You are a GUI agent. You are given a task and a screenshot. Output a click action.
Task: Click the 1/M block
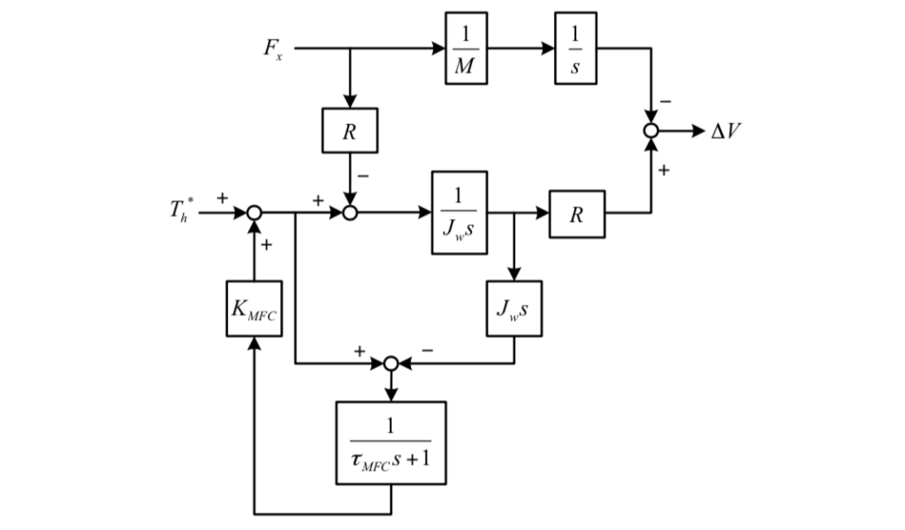(466, 49)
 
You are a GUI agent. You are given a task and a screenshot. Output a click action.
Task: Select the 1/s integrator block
(575, 49)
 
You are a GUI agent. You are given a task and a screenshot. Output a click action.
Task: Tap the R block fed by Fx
(350, 131)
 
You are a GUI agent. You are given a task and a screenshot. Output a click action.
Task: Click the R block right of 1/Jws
(577, 214)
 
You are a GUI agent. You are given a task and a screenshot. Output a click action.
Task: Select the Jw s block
(514, 308)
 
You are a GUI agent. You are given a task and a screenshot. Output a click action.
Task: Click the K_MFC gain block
(254, 308)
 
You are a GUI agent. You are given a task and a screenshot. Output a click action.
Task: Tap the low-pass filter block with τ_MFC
(391, 443)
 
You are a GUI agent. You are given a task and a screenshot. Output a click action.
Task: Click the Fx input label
(273, 49)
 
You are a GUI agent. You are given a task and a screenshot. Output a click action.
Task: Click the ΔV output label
(727, 132)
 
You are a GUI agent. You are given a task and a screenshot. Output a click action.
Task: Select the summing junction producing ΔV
(651, 131)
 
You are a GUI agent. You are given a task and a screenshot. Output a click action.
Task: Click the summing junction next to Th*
(254, 213)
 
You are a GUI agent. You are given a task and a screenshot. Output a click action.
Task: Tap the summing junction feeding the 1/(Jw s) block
(350, 213)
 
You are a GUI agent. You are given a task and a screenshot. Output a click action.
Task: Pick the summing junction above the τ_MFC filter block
(391, 362)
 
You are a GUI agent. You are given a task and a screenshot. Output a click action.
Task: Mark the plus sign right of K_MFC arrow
(266, 245)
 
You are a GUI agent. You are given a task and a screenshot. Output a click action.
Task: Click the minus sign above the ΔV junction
(665, 103)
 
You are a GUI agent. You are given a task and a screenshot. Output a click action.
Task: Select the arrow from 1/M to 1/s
(521, 49)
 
